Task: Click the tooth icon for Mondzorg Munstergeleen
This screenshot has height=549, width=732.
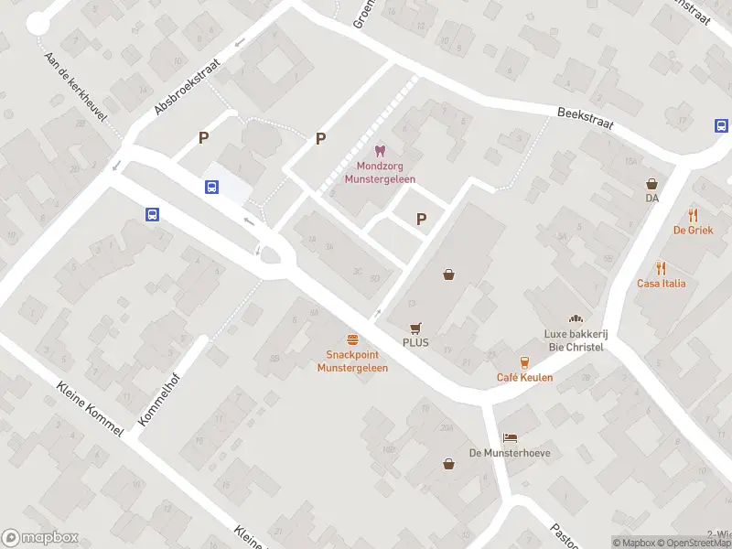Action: tap(380, 151)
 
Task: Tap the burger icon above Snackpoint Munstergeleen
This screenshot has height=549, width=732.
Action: tap(352, 339)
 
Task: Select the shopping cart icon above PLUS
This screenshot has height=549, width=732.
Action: tap(415, 327)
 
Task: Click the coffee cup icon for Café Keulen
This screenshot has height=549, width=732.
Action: tap(524, 361)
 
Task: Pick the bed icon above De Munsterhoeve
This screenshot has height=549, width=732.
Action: tap(510, 437)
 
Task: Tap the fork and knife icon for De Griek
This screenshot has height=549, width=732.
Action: tap(694, 216)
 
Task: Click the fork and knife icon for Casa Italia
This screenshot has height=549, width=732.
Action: tap(661, 268)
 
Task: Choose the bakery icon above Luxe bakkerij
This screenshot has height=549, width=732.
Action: tap(576, 318)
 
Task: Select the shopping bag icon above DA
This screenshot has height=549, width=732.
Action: tap(652, 183)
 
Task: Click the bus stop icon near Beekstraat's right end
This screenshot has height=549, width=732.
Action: tap(721, 127)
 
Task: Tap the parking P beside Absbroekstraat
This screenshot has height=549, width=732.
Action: tap(204, 138)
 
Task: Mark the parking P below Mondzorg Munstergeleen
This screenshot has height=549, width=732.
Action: tap(421, 219)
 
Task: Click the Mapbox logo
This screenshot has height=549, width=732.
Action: tap(40, 538)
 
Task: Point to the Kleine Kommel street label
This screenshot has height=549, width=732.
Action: tap(89, 408)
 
